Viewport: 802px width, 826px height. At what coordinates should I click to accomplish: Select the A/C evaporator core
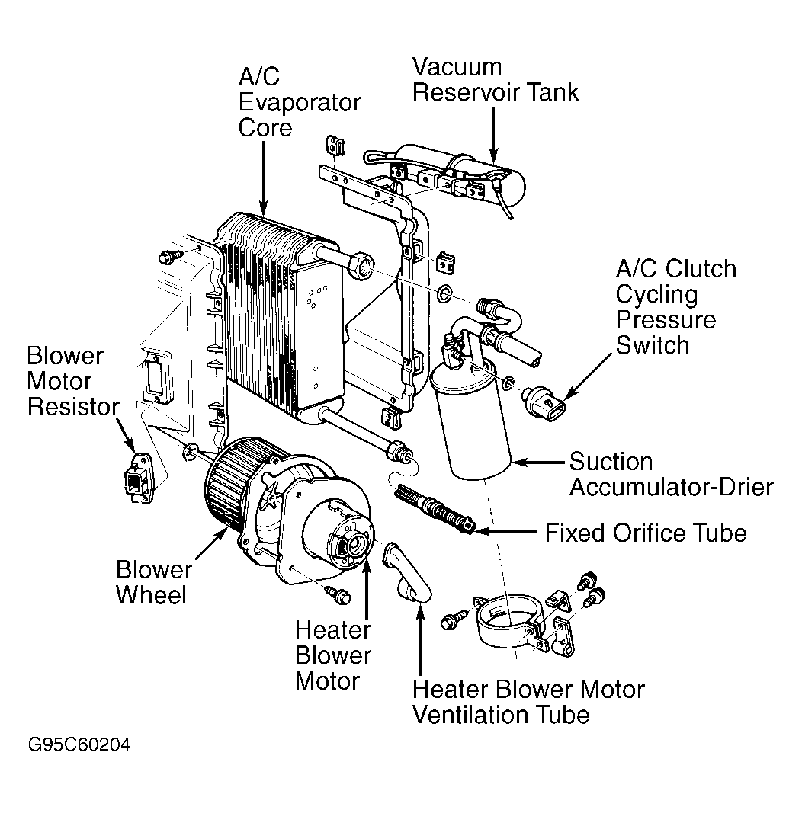tap(278, 320)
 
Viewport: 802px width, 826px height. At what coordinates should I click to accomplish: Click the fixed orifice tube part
tap(435, 507)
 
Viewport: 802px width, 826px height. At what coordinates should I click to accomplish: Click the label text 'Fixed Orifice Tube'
tap(645, 533)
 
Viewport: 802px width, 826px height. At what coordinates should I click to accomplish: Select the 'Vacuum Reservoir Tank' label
tap(496, 79)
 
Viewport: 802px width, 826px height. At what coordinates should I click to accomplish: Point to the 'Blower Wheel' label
tap(153, 581)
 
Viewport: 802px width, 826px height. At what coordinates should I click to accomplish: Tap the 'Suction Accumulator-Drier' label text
tap(671, 474)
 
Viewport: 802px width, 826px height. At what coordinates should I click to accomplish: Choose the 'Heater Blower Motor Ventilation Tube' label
tap(528, 702)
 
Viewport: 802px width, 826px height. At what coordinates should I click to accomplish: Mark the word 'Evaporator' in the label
tap(299, 101)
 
